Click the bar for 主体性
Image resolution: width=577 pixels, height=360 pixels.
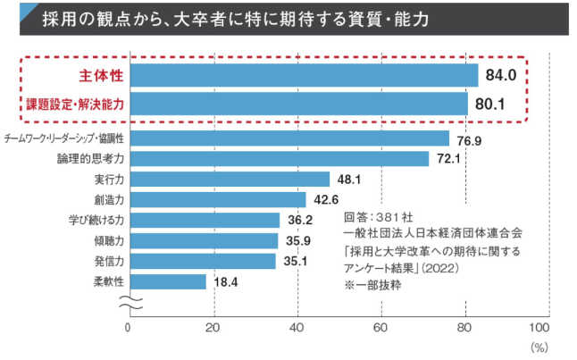click(x=304, y=75)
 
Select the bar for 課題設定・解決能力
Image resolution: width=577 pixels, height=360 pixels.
click(x=298, y=104)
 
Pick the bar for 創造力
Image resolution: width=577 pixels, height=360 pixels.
click(x=218, y=199)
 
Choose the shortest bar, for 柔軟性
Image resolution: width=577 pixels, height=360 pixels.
click(x=167, y=281)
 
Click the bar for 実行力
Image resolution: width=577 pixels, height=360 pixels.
click(x=230, y=179)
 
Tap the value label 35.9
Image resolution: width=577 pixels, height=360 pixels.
click(x=299, y=240)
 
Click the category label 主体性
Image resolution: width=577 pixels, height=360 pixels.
click(x=102, y=75)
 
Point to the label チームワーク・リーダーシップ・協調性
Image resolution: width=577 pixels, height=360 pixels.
click(x=63, y=138)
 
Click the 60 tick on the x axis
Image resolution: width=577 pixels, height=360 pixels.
click(x=382, y=326)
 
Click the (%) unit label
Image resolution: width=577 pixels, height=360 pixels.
click(x=539, y=344)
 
